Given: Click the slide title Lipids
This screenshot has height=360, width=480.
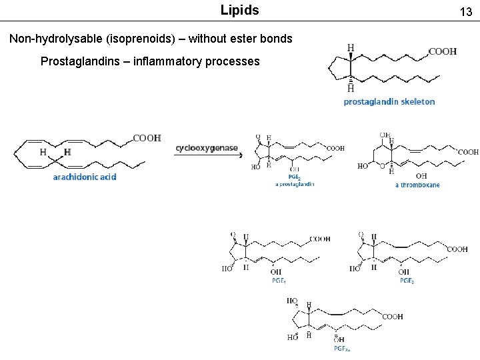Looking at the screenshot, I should [239, 11].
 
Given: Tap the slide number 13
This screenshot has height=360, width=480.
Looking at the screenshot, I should [465, 12].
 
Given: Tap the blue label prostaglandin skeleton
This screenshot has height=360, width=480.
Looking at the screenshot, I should [389, 102].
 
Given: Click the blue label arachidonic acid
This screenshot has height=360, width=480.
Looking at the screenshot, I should [85, 177].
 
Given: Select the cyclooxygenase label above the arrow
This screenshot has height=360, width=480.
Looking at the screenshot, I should [207, 147].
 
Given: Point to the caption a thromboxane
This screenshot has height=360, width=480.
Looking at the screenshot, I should [417, 185].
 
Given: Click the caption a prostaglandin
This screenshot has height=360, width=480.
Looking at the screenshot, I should [294, 184].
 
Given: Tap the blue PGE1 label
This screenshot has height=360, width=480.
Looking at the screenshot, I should [279, 281].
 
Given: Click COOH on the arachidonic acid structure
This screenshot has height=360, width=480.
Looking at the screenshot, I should [147, 138].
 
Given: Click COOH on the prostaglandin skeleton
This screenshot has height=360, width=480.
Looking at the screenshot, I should [442, 51].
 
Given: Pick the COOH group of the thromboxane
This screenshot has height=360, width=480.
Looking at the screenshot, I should [468, 152].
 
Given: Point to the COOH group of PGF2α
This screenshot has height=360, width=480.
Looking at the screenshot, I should [392, 317].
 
